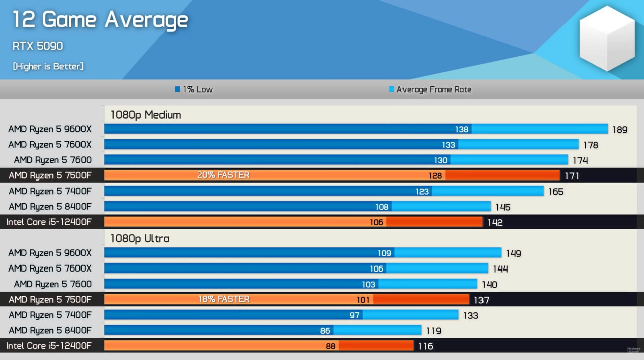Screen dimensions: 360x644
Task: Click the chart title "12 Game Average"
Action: [x=100, y=20]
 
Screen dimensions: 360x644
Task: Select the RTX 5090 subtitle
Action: [x=38, y=46]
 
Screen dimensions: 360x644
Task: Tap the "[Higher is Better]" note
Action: [x=48, y=66]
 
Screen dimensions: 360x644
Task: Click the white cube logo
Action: [x=607, y=38]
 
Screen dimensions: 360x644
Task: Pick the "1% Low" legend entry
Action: [x=194, y=89]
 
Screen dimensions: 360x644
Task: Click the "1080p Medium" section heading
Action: [x=146, y=115]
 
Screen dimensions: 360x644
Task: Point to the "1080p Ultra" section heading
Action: [x=140, y=238]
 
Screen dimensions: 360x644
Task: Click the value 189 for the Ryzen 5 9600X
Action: [x=620, y=130]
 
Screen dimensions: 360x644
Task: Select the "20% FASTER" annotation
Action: [x=223, y=175]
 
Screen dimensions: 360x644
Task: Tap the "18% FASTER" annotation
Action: [x=223, y=299]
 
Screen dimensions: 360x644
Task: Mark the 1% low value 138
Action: [x=462, y=129]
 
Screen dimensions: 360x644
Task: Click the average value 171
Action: [x=572, y=176]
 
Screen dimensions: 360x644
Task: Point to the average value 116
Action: [x=425, y=346]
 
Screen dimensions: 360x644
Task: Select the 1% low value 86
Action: [x=325, y=331]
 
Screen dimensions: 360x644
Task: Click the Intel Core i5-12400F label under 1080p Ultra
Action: [x=49, y=346]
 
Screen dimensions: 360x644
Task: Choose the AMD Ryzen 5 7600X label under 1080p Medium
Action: [x=50, y=145]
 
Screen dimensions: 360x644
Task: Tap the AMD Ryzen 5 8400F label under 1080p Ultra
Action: [x=50, y=330]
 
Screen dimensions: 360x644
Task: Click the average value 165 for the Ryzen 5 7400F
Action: [x=556, y=192]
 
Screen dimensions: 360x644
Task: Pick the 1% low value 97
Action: [x=354, y=315]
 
